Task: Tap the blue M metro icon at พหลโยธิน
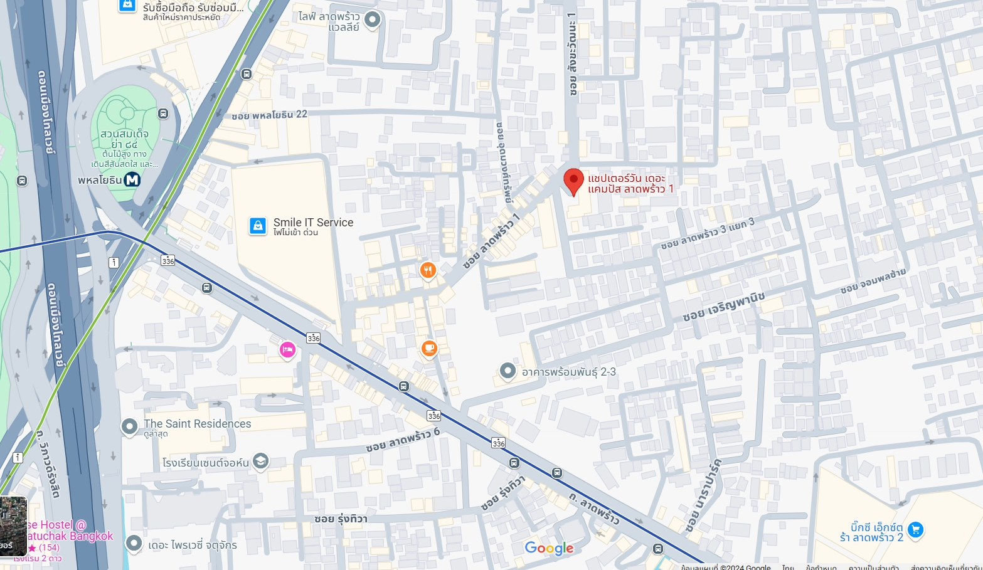132,180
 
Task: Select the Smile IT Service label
313,223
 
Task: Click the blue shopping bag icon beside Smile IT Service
258,226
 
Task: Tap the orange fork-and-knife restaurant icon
428,270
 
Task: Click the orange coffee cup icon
429,348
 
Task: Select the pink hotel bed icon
287,350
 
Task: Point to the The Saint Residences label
197,424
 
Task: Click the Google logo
549,548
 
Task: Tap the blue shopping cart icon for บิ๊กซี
915,530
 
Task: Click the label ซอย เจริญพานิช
723,306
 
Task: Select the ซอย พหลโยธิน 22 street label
269,115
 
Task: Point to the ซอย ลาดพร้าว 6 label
403,440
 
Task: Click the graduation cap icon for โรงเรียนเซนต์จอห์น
261,462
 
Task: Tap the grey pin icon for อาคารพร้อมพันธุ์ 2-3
507,371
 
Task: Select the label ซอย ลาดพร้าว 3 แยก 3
707,233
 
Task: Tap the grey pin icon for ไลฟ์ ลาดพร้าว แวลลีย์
372,20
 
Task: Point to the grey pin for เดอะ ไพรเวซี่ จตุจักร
134,543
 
